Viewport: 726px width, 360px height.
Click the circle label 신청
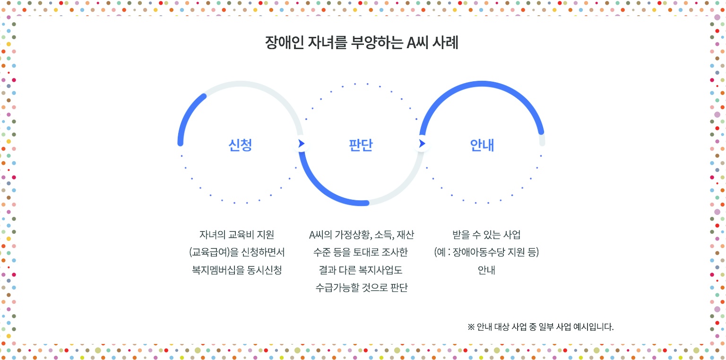click(240, 145)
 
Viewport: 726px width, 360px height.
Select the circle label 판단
click(361, 145)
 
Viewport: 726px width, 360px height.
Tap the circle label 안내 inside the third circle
click(482, 145)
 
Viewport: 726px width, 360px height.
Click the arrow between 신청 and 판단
click(302, 143)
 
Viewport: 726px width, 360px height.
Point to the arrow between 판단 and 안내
click(422, 143)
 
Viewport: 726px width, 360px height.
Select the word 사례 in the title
click(445, 43)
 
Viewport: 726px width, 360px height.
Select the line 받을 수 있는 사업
click(486, 234)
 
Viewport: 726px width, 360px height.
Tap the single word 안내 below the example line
click(486, 270)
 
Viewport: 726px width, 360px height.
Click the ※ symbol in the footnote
click(471, 326)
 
